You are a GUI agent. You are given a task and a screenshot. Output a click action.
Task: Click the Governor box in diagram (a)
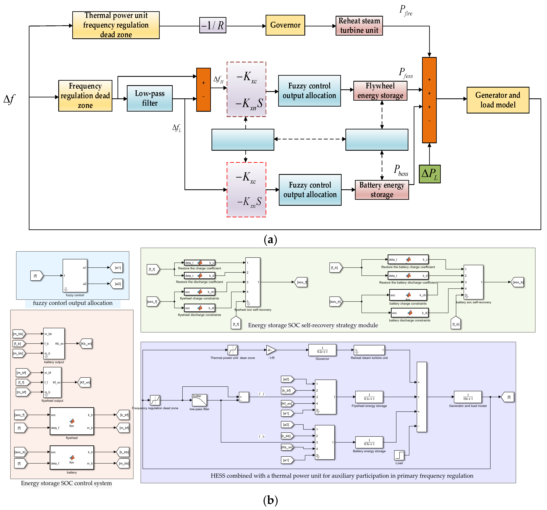(285, 25)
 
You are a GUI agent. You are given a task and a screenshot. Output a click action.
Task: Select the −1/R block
(212, 25)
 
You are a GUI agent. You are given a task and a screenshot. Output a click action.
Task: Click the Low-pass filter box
(150, 98)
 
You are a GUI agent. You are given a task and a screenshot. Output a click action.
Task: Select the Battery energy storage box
(382, 190)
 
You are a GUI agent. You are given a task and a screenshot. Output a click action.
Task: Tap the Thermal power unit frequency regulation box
(116, 25)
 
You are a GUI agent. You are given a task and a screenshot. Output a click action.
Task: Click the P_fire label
(406, 10)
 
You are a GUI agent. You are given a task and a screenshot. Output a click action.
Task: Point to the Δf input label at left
(9, 99)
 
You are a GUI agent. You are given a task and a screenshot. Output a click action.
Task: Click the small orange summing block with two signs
(203, 90)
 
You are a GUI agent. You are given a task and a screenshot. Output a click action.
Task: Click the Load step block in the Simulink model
(399, 455)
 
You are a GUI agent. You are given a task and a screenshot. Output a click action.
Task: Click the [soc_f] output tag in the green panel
(302, 282)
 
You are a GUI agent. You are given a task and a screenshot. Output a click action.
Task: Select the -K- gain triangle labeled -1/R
(271, 350)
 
